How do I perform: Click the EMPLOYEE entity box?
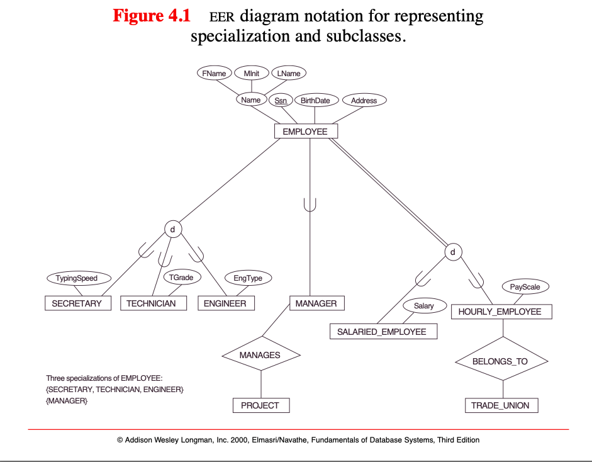coord(306,132)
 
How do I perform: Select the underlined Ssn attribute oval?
coord(281,101)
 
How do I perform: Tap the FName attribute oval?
coord(214,73)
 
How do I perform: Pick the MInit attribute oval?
coord(252,73)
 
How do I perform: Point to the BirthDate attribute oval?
coord(315,101)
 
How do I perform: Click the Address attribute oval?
coord(364,101)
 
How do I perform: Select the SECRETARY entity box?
coord(78,303)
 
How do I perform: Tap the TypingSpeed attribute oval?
coord(79,278)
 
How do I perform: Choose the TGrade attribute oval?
coord(182,278)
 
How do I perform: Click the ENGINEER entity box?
coord(226,303)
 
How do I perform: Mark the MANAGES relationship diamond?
coord(261,355)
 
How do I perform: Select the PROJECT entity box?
coord(261,405)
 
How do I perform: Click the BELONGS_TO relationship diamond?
coord(502,361)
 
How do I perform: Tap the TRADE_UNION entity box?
coord(501,405)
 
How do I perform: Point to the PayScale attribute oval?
coord(525,287)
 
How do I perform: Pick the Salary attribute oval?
coord(425,306)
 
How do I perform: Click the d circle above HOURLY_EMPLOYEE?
coord(453,252)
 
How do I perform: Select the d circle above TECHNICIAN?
coord(173,229)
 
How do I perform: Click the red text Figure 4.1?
coord(152,16)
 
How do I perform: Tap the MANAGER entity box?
coord(317,303)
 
